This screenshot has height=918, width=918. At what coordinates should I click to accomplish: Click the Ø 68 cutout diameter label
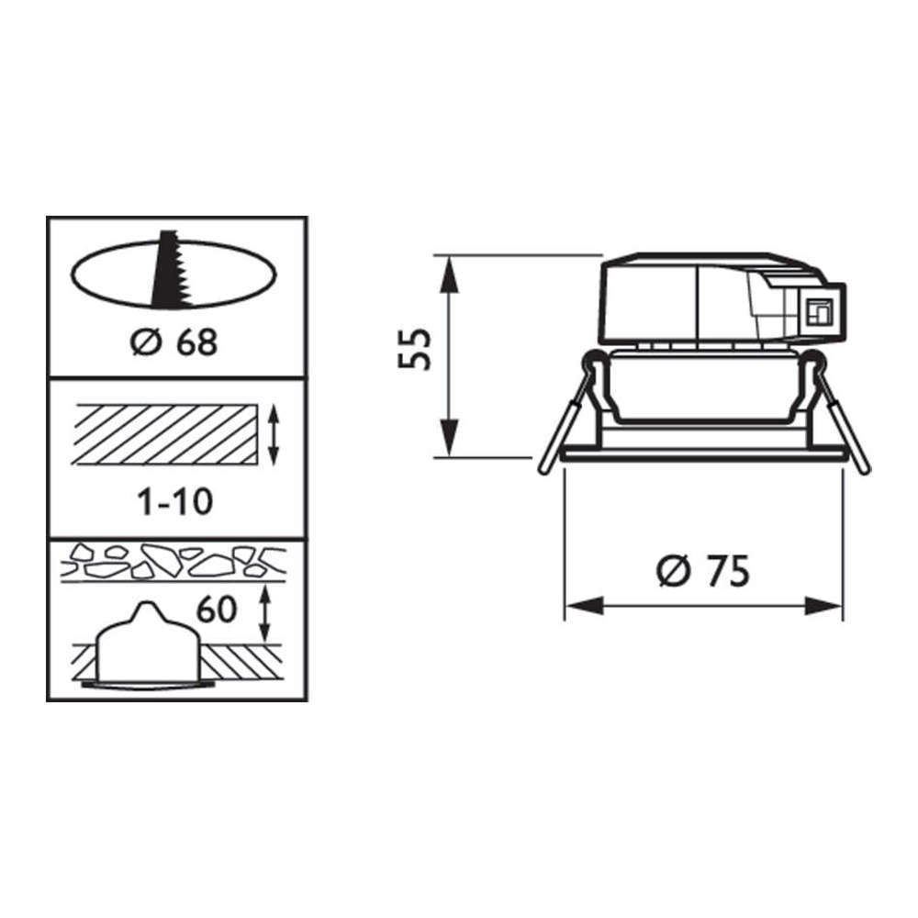click(x=174, y=341)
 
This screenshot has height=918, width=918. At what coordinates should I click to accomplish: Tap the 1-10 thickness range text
click(x=175, y=502)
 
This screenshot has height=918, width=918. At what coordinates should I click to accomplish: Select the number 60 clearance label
click(x=217, y=610)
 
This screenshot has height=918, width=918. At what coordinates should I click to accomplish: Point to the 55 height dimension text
click(x=415, y=349)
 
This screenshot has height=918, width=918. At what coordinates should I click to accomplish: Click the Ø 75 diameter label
click(x=702, y=571)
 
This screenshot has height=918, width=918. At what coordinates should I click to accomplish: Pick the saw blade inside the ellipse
click(x=169, y=268)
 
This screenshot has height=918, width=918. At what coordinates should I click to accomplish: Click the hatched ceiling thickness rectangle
click(x=164, y=434)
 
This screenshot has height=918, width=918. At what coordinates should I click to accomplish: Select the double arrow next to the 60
click(x=264, y=613)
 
